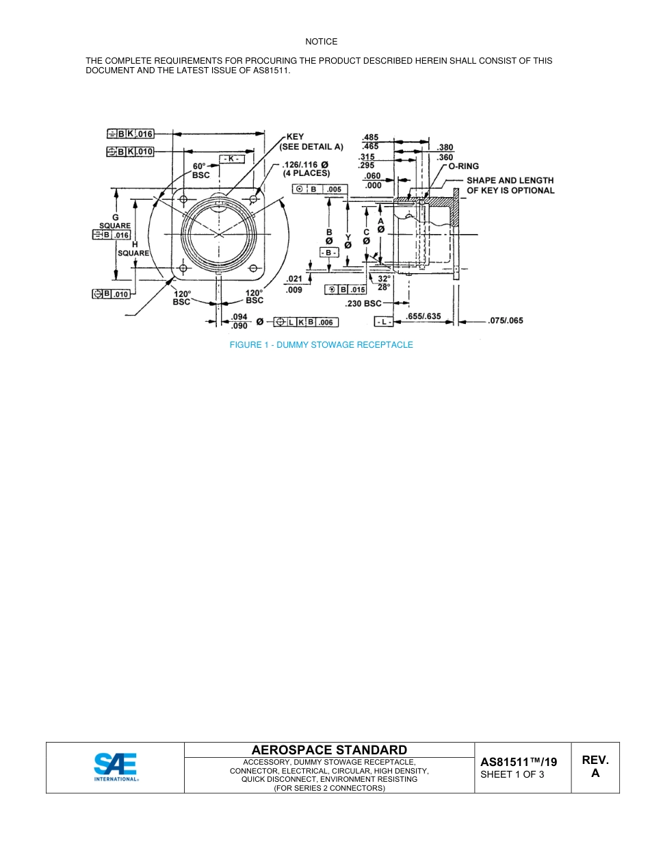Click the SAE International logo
pyautogui.click(x=116, y=767)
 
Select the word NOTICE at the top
pyautogui.click(x=322, y=42)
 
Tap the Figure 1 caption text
pyautogui.click(x=321, y=345)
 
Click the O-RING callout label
pyautogui.click(x=464, y=166)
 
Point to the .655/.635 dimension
pyautogui.click(x=424, y=317)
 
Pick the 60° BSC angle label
pyautogui.click(x=199, y=170)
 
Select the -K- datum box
pyautogui.click(x=231, y=159)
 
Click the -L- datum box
pyautogui.click(x=383, y=321)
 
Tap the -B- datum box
pyautogui.click(x=329, y=253)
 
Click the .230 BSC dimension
pyautogui.click(x=363, y=303)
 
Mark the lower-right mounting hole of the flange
pyautogui.click(x=253, y=267)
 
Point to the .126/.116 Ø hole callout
pyautogui.click(x=306, y=168)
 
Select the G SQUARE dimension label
pyautogui.click(x=115, y=221)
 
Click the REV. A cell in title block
pyautogui.click(x=595, y=767)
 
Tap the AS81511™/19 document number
pyautogui.click(x=518, y=762)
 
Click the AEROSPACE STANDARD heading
pyautogui.click(x=329, y=750)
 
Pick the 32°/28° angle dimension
pyautogui.click(x=384, y=283)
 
